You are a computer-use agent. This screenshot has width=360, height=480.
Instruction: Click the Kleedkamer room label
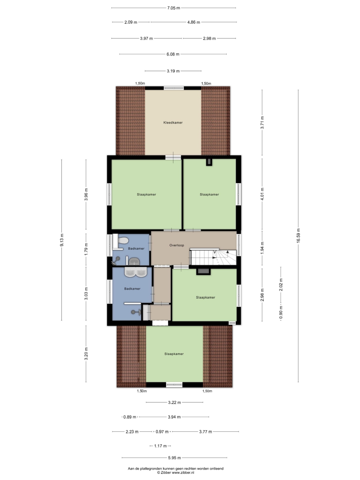[x=173, y=123]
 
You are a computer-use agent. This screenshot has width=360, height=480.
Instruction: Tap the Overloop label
[x=177, y=245]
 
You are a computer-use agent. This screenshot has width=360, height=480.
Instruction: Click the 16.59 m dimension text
[x=298, y=235]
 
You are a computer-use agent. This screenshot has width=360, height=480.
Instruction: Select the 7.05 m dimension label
[x=174, y=8]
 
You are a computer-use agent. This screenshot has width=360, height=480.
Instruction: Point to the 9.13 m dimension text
[x=62, y=240]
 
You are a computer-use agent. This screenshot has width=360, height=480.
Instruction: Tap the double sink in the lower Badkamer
[x=135, y=273]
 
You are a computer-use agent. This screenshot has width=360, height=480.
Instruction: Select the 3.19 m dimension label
[x=173, y=71]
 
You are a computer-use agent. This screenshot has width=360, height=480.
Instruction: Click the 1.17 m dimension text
[x=160, y=446]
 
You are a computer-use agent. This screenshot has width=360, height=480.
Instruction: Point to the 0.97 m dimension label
[x=162, y=432]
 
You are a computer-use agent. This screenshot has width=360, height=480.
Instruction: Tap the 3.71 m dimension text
[x=262, y=123]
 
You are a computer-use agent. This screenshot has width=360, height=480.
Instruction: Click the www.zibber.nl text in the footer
[x=183, y=473]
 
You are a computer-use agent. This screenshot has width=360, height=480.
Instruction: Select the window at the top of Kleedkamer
[x=174, y=88]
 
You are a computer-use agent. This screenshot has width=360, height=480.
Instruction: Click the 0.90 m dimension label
[x=281, y=312]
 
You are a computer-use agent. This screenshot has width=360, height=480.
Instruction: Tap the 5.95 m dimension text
[x=174, y=458]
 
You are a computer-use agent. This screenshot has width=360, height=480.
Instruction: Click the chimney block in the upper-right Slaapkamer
[x=209, y=162]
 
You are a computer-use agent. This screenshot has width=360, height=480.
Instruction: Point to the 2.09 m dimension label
[x=131, y=22]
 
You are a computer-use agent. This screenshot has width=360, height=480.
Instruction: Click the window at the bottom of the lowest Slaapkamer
[x=174, y=385]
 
